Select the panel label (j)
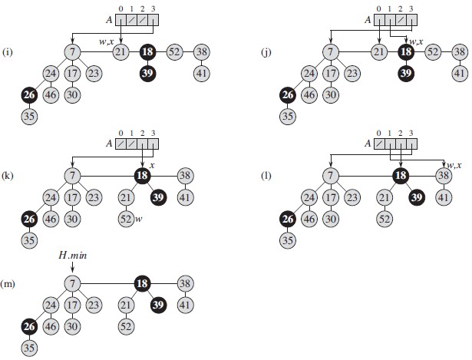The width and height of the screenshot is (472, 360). click(x=265, y=54)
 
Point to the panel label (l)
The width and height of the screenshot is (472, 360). click(x=265, y=176)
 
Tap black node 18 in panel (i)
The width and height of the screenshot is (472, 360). click(x=147, y=52)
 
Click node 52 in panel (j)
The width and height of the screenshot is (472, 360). click(x=433, y=52)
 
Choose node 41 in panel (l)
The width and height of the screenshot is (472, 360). click(x=443, y=197)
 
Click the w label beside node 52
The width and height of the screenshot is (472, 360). click(x=139, y=220)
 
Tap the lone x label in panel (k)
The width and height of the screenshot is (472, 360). click(x=152, y=164)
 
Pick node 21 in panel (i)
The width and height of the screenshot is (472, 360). click(x=120, y=52)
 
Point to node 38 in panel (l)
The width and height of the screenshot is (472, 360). click(x=443, y=176)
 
